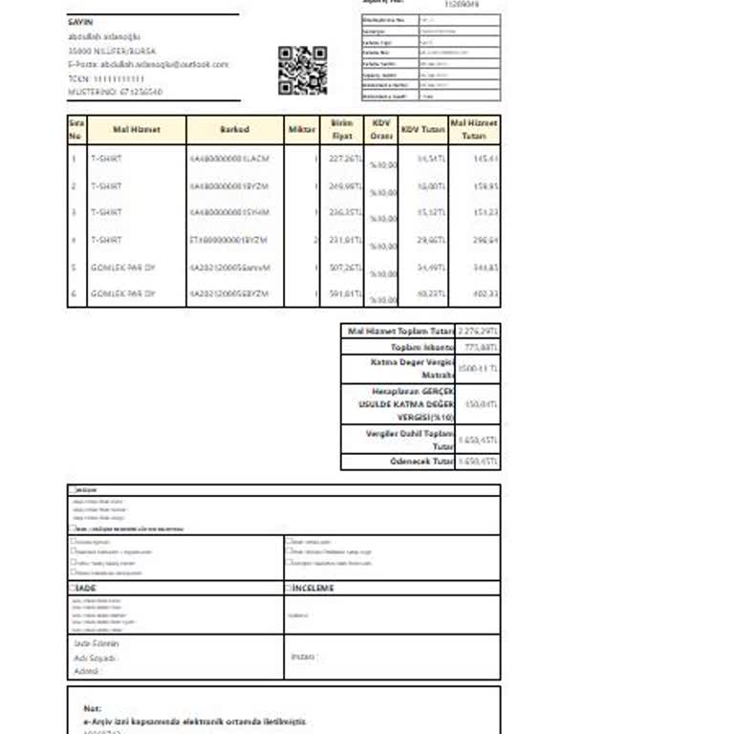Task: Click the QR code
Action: point(302,70)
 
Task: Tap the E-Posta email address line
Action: point(148,64)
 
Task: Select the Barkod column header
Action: point(234,130)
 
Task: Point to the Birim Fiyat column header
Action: point(342,130)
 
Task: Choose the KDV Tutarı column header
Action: point(422,130)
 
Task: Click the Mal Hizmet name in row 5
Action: point(122,268)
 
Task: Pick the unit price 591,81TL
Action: point(346,293)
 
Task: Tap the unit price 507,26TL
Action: point(346,268)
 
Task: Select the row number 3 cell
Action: point(75,212)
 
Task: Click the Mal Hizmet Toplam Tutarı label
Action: point(399,331)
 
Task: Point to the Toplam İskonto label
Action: point(421,347)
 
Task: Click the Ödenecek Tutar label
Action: point(421,462)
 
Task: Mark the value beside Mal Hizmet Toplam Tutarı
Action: point(479,331)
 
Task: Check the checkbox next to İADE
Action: point(72,589)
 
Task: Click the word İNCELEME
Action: point(313,589)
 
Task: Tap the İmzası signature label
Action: point(302,657)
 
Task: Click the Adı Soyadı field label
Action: point(96,658)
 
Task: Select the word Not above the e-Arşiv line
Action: point(92,708)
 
